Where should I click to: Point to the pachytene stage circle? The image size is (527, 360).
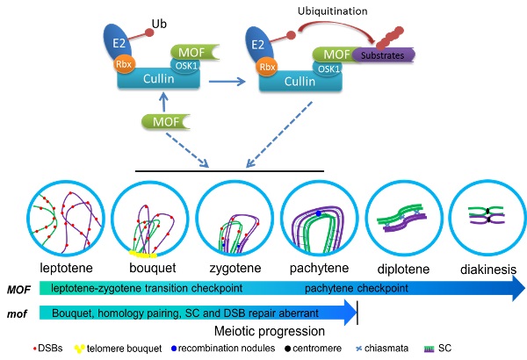coord(316,217)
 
